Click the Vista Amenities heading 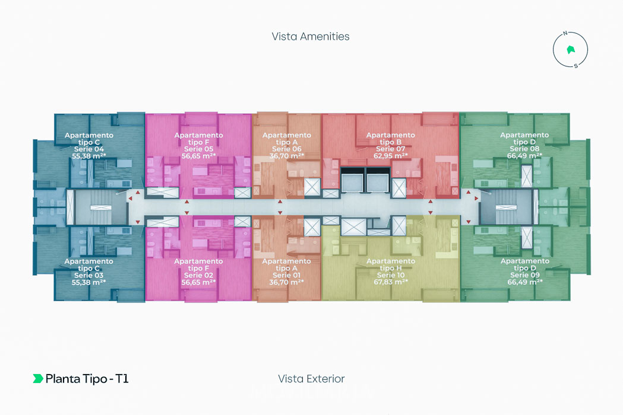click(311, 36)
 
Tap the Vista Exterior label click(311, 379)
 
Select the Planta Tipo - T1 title click(87, 379)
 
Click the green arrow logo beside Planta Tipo click(37, 379)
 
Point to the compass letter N click(566, 33)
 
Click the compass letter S click(575, 66)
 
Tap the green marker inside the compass click(571, 49)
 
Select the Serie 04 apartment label click(88, 149)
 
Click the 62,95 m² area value click(390, 156)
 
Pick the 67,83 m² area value click(390, 282)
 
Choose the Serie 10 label click(390, 275)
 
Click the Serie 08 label click(524, 149)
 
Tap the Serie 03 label click(88, 275)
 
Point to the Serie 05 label click(198, 149)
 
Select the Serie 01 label click(286, 275)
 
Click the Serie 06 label click(286, 149)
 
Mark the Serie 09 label click(524, 275)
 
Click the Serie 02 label click(198, 275)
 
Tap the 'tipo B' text click(390, 142)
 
